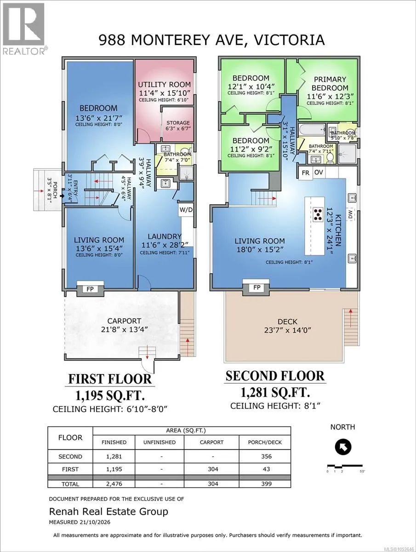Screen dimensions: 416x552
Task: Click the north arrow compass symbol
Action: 343,447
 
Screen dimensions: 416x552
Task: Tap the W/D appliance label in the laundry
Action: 186,210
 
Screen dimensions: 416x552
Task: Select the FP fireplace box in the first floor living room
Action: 90,289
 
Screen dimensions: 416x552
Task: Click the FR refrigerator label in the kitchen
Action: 306,173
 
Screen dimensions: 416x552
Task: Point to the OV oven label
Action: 319,172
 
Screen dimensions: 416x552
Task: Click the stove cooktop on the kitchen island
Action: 318,215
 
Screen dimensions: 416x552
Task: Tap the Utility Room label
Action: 164,85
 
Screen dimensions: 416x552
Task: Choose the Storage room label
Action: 178,123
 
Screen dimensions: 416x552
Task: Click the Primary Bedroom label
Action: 330,84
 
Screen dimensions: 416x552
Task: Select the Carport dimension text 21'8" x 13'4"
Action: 124,329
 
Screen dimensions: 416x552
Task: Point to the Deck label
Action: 288,322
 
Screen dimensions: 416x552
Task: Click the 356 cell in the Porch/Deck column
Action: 266,456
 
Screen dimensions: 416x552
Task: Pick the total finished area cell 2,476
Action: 114,484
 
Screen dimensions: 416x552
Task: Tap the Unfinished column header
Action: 160,443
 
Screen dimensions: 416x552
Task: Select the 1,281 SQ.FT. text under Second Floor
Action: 275,393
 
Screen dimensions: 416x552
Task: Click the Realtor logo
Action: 23,29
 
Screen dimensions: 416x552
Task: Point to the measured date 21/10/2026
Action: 94,522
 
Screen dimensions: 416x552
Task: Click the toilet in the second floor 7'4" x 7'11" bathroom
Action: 331,158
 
